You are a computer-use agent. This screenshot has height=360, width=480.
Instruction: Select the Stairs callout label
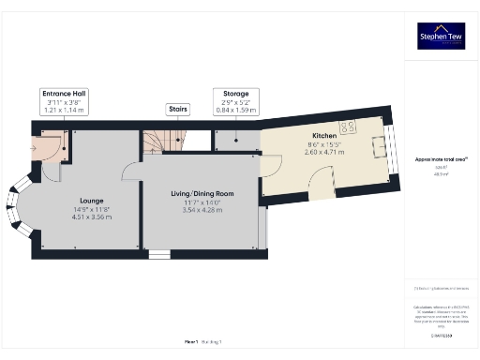pyautogui.click(x=177, y=109)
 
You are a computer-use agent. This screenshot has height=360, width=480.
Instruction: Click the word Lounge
pyautogui.click(x=91, y=201)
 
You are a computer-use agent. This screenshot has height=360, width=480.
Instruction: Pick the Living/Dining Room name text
pyautogui.click(x=202, y=194)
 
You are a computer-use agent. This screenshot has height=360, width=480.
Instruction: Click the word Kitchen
pyautogui.click(x=323, y=136)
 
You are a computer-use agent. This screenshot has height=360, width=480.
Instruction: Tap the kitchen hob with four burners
pyautogui.click(x=348, y=127)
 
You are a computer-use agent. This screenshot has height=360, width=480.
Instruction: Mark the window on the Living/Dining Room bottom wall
pyautogui.click(x=159, y=253)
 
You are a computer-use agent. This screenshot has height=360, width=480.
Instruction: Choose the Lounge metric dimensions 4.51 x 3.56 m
pyautogui.click(x=91, y=217)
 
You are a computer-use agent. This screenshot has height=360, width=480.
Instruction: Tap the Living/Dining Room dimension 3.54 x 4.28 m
pyautogui.click(x=202, y=210)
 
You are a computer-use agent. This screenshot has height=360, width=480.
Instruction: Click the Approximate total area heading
pyautogui.click(x=441, y=159)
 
